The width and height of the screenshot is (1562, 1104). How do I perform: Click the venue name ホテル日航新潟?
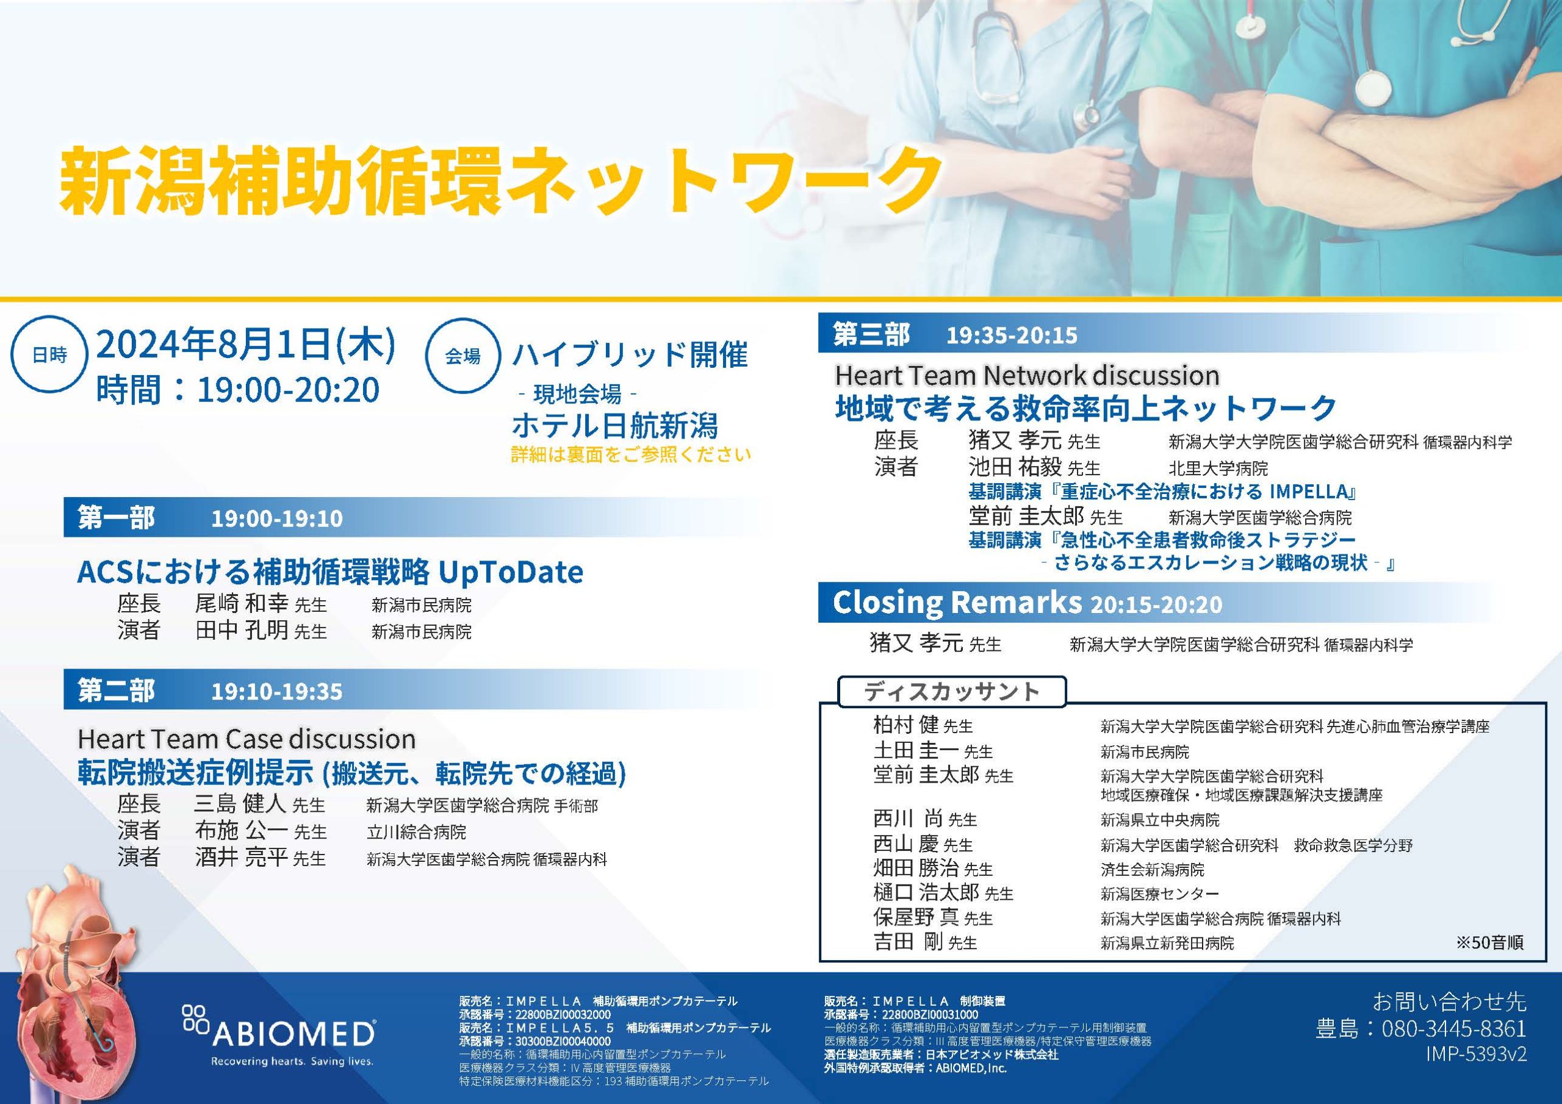click(x=614, y=426)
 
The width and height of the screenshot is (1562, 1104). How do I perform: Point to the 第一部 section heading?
click(x=117, y=518)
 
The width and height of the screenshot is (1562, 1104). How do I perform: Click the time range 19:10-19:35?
click(x=277, y=692)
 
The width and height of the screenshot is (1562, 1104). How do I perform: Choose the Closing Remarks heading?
click(x=957, y=602)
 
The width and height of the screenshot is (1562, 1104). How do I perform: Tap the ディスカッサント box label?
click(x=952, y=692)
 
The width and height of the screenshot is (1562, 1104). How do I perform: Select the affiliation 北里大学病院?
click(x=1218, y=468)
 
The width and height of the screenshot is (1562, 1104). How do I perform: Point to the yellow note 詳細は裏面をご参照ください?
click(x=632, y=454)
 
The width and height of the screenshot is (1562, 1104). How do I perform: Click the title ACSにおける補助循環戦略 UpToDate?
click(x=330, y=572)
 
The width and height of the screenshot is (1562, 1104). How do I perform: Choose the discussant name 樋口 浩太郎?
click(x=926, y=892)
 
